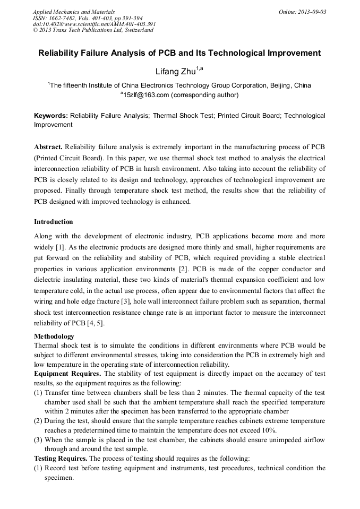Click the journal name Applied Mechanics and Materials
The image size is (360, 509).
pyautogui.click(x=73, y=12)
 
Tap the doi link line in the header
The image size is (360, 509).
pyautogui.click(x=94, y=24)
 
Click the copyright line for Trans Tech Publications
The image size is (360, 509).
pyautogui.click(x=93, y=30)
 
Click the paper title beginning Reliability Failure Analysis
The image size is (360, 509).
pyautogui.click(x=179, y=53)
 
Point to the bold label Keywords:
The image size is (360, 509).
pyautogui.click(x=51, y=115)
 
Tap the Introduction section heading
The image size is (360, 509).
pyautogui.click(x=54, y=221)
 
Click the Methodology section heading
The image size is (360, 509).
pyautogui.click(x=54, y=337)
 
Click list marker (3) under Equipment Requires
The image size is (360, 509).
pyautogui.click(x=38, y=440)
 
